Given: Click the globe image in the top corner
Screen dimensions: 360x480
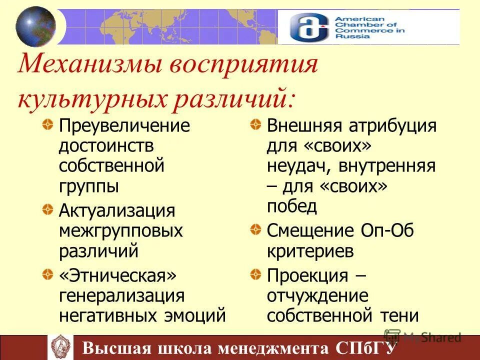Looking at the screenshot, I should [x=35, y=26].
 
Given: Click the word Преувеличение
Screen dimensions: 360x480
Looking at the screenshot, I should [x=124, y=125].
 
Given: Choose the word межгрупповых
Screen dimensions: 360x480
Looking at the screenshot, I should [x=120, y=230].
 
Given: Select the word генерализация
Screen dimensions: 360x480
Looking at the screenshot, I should [x=122, y=295].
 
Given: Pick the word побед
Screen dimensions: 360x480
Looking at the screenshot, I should [x=292, y=206].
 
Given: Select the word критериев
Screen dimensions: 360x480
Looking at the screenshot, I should [x=310, y=250].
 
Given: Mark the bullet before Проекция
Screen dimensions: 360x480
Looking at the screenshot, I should [x=255, y=273].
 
